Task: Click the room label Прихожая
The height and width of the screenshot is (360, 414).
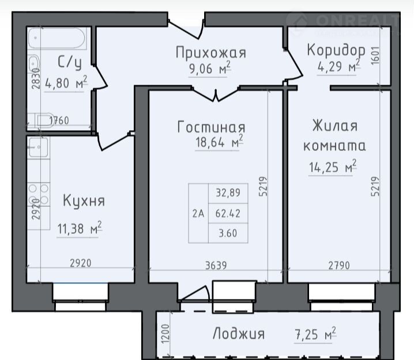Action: click(x=211, y=52)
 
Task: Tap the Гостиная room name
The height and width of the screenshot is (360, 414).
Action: click(x=211, y=127)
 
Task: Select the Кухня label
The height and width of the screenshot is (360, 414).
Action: click(x=84, y=201)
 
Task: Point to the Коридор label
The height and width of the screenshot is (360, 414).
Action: click(x=336, y=50)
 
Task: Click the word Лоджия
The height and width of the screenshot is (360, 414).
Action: click(x=238, y=334)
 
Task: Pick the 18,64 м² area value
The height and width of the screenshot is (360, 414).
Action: click(x=219, y=142)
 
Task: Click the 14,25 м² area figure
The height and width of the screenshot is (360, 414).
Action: click(x=333, y=166)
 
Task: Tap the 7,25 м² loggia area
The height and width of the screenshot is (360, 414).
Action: click(x=315, y=334)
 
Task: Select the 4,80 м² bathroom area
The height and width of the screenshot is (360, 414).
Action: click(x=66, y=82)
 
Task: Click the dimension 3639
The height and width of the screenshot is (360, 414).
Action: click(x=216, y=266)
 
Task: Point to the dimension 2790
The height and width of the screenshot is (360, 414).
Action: click(x=339, y=266)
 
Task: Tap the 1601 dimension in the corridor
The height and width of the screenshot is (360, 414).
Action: click(x=375, y=55)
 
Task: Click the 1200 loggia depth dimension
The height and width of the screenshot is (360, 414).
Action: click(x=165, y=334)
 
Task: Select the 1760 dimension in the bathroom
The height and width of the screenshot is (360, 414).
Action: click(x=59, y=120)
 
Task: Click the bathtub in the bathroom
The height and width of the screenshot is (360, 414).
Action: click(x=57, y=39)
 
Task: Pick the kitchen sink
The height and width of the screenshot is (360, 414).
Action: click(x=39, y=147)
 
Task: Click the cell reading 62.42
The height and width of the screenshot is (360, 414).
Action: click(x=228, y=213)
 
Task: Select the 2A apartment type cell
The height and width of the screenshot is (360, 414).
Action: click(x=198, y=213)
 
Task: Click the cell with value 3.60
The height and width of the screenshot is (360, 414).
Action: click(x=228, y=233)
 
